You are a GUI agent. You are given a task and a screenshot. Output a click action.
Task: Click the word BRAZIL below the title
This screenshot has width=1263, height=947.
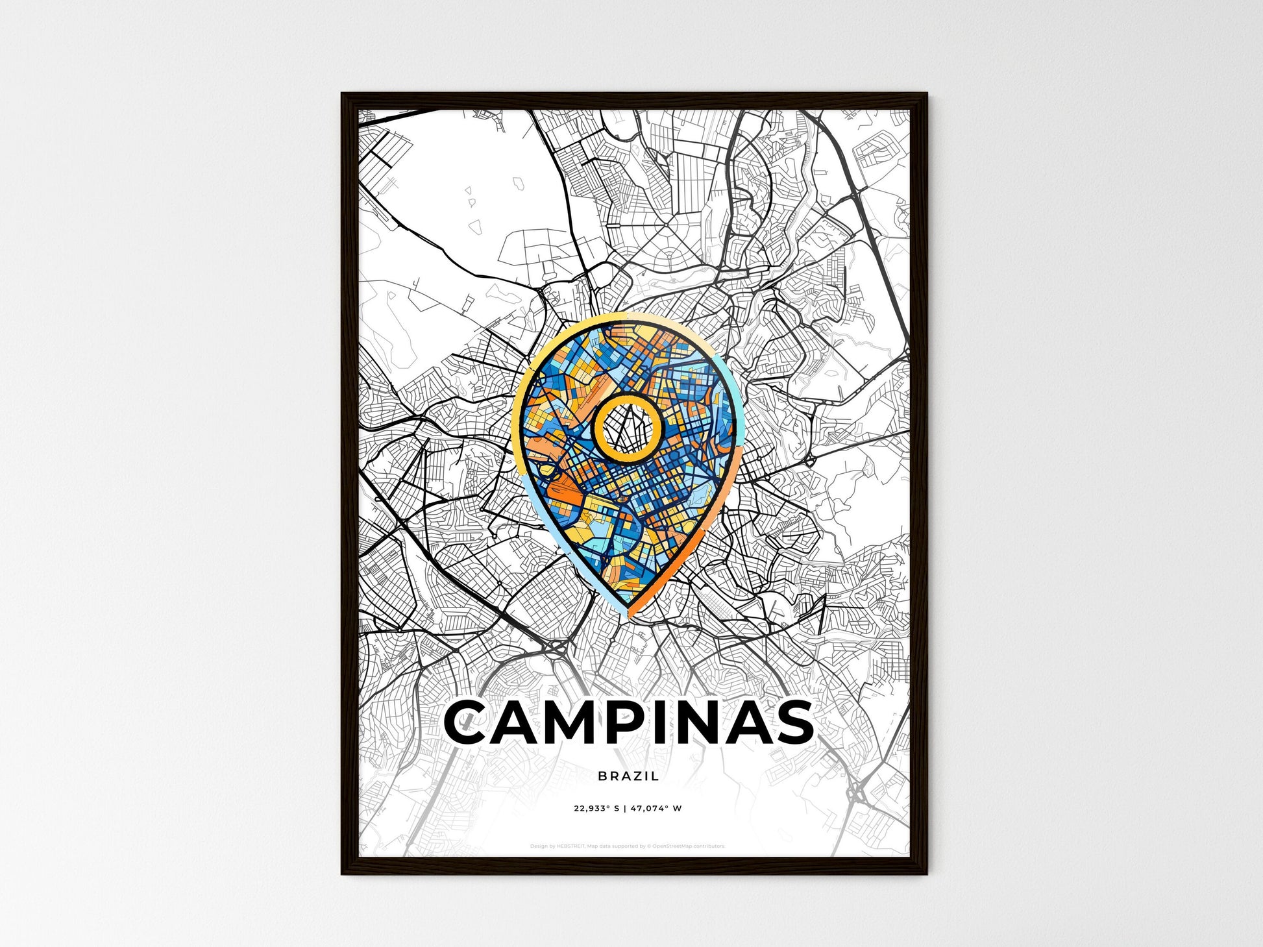click(x=628, y=776)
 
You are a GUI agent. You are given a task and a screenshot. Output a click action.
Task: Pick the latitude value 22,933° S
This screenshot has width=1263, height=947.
click(x=597, y=809)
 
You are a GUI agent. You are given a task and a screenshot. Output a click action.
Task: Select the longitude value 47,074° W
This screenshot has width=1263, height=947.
click(x=656, y=809)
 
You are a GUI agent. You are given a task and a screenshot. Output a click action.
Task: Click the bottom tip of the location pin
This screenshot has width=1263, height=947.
click(x=628, y=614)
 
